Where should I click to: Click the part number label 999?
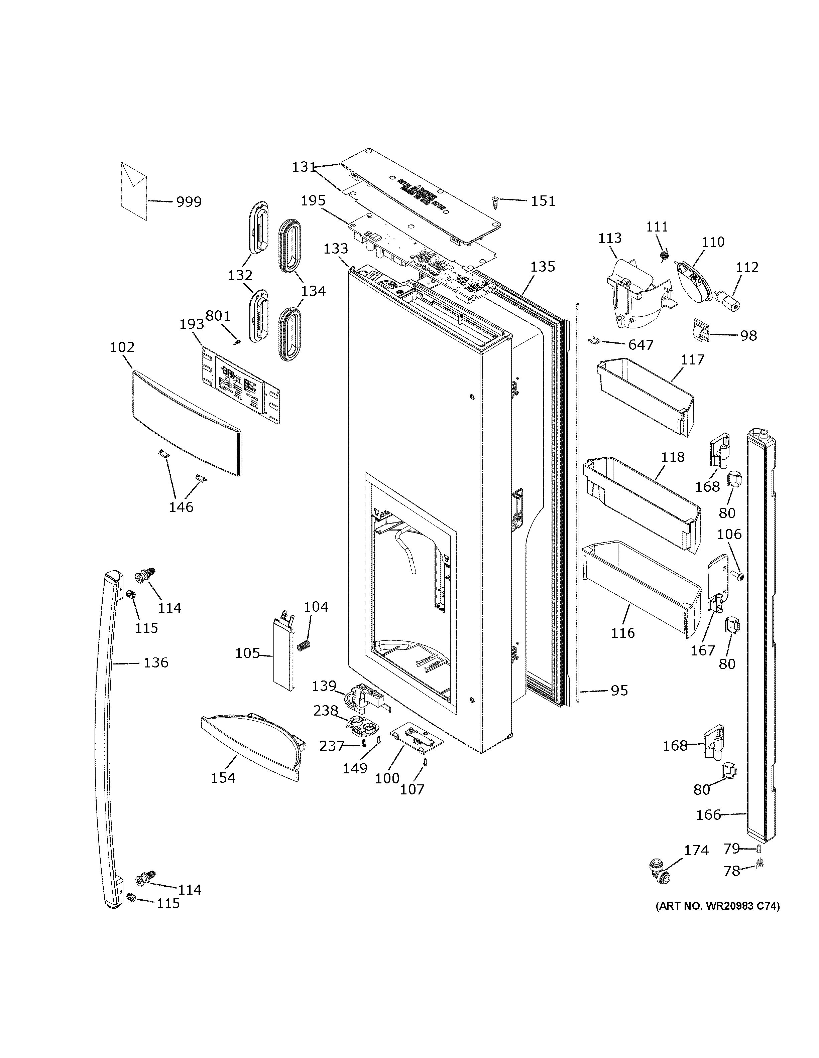click(189, 201)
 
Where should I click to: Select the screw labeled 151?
click(496, 202)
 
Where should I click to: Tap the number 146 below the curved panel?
click(181, 507)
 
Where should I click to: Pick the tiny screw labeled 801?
click(236, 342)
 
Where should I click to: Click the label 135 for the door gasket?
click(542, 267)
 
